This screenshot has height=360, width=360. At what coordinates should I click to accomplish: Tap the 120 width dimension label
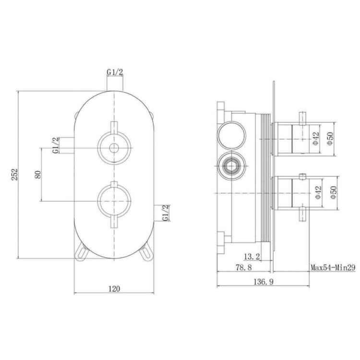click(x=114, y=288)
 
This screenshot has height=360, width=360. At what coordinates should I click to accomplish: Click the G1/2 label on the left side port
click(x=56, y=145)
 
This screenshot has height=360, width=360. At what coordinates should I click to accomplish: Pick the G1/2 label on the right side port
click(x=166, y=213)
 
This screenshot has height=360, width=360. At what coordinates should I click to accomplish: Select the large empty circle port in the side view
click(x=231, y=136)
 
